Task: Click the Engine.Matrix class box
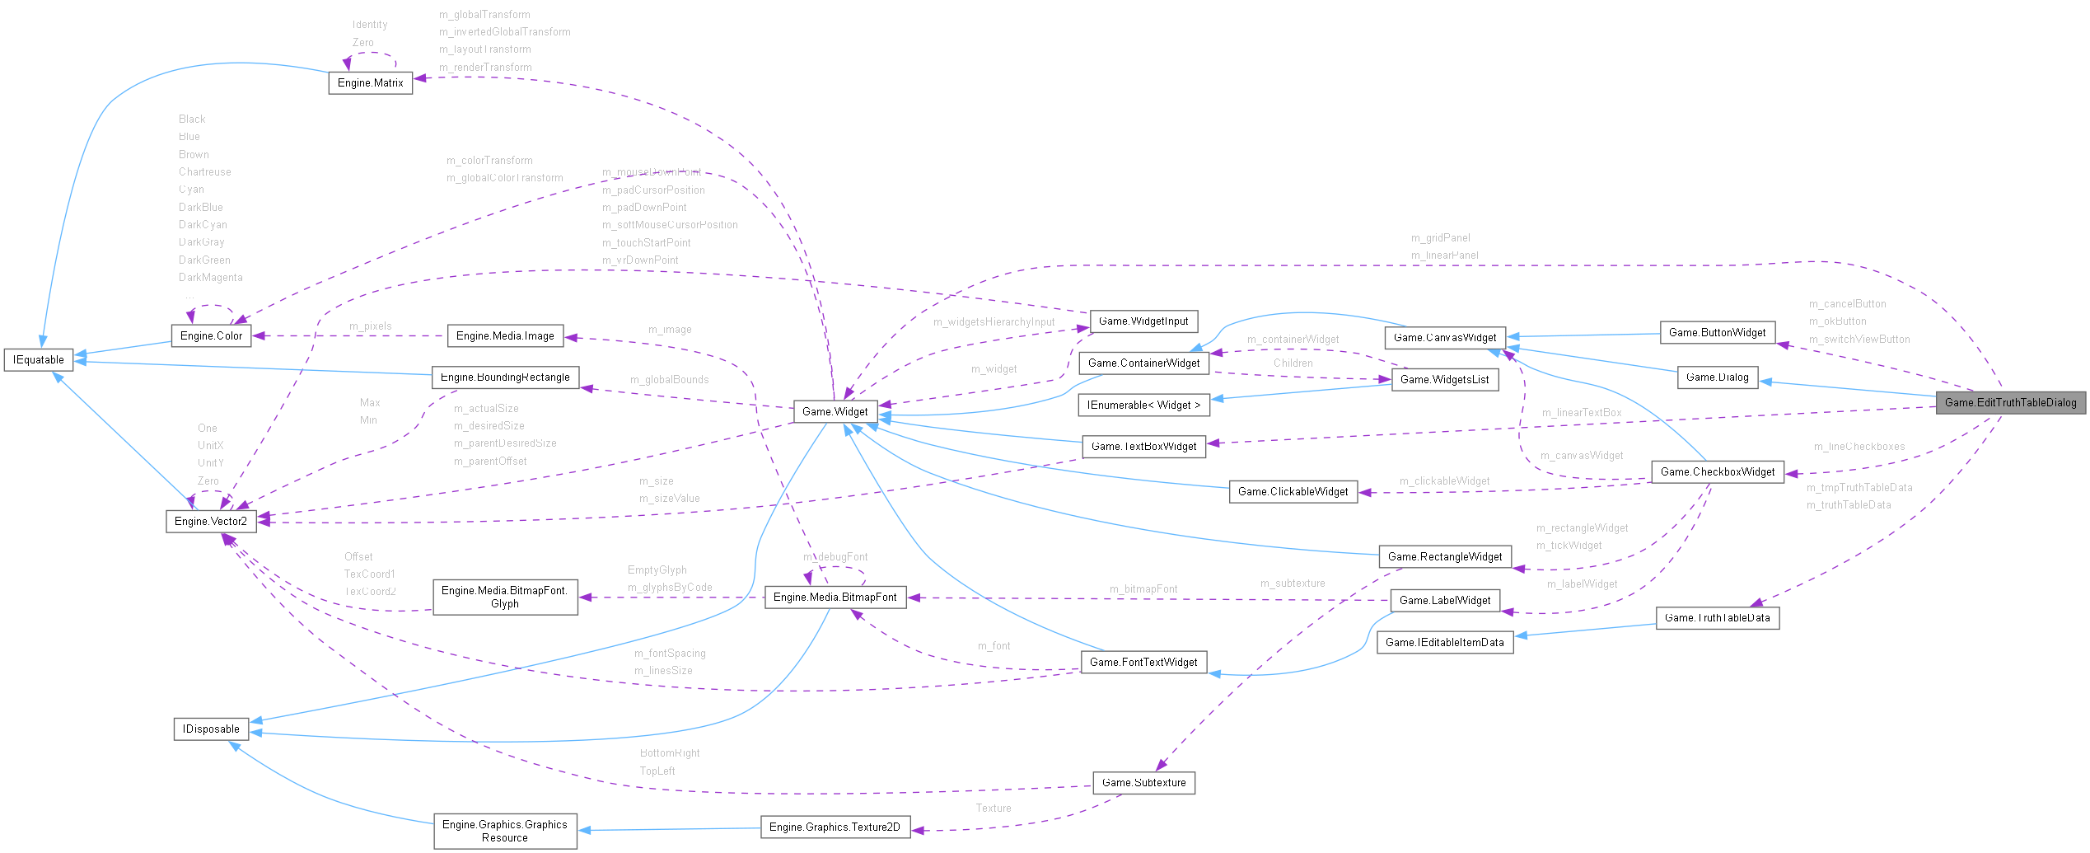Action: [370, 83]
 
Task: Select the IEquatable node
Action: [39, 360]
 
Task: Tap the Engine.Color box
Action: [211, 336]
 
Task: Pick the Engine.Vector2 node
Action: [211, 522]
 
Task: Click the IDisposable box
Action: [211, 729]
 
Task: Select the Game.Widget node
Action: [835, 411]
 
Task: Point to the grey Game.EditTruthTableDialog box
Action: [2010, 403]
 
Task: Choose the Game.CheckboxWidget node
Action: [1718, 472]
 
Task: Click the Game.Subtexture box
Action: [1143, 783]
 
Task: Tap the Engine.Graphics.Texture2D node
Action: [835, 827]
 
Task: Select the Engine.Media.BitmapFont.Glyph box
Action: [505, 598]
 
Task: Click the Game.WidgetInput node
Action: [1143, 321]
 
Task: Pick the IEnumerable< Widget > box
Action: [1143, 405]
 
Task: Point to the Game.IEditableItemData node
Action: [1445, 643]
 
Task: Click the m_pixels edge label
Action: [371, 326]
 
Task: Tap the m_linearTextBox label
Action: [1582, 413]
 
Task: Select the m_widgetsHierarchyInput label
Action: [994, 322]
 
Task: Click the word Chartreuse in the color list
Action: [205, 172]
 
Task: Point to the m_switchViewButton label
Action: [1859, 340]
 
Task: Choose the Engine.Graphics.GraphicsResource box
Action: [505, 832]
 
